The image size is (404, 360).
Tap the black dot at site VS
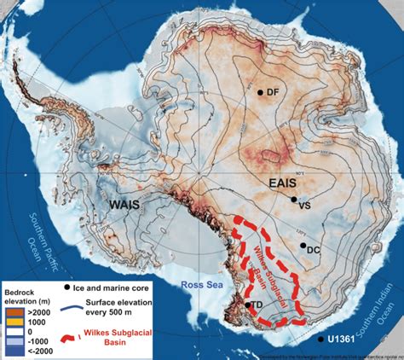coord(293,199)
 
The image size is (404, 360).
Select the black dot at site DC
coord(303,245)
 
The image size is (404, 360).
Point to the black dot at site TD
coord(248,305)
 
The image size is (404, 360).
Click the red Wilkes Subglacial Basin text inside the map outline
coord(272,261)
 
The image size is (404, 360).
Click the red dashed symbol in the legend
coord(69,334)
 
